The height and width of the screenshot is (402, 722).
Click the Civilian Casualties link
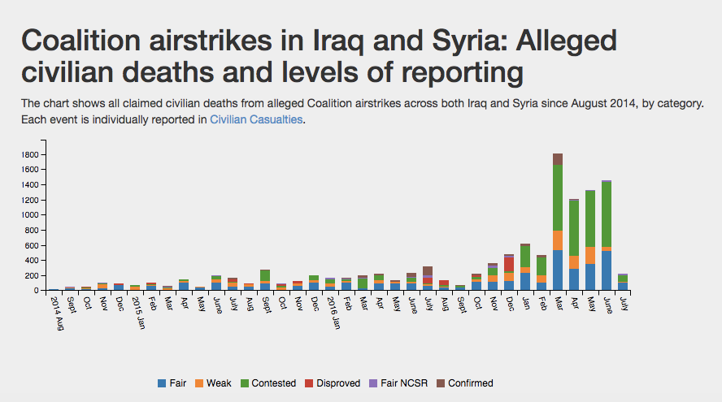(256, 119)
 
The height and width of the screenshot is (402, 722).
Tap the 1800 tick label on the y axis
(29, 155)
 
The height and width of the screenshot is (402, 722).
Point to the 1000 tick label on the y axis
(29, 214)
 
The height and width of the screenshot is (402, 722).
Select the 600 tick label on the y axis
(32, 245)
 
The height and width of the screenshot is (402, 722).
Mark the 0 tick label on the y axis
(36, 291)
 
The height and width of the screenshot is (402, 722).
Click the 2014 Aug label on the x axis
(58, 313)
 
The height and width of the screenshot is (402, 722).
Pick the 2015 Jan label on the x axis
(139, 313)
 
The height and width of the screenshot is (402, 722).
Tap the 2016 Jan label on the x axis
(334, 313)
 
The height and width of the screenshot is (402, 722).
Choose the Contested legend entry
(268, 383)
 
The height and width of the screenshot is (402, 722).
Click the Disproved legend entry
(333, 383)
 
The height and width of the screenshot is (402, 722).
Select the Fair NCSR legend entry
(398, 383)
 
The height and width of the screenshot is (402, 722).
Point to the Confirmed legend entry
(464, 383)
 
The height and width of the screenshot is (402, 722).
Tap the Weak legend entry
(213, 383)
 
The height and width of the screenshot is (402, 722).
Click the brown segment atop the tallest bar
(558, 159)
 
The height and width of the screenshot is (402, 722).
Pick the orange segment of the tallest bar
(558, 240)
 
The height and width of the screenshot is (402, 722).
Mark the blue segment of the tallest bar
(558, 270)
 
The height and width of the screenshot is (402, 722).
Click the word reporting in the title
(463, 72)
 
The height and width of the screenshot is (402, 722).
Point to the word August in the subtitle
(589, 103)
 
